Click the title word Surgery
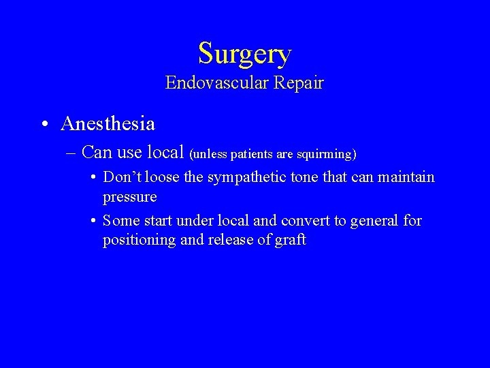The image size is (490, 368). point(244,53)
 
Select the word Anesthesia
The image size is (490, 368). point(108,124)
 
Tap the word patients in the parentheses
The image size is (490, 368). point(254,155)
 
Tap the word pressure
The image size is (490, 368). point(130,197)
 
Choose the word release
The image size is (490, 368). point(233,241)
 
